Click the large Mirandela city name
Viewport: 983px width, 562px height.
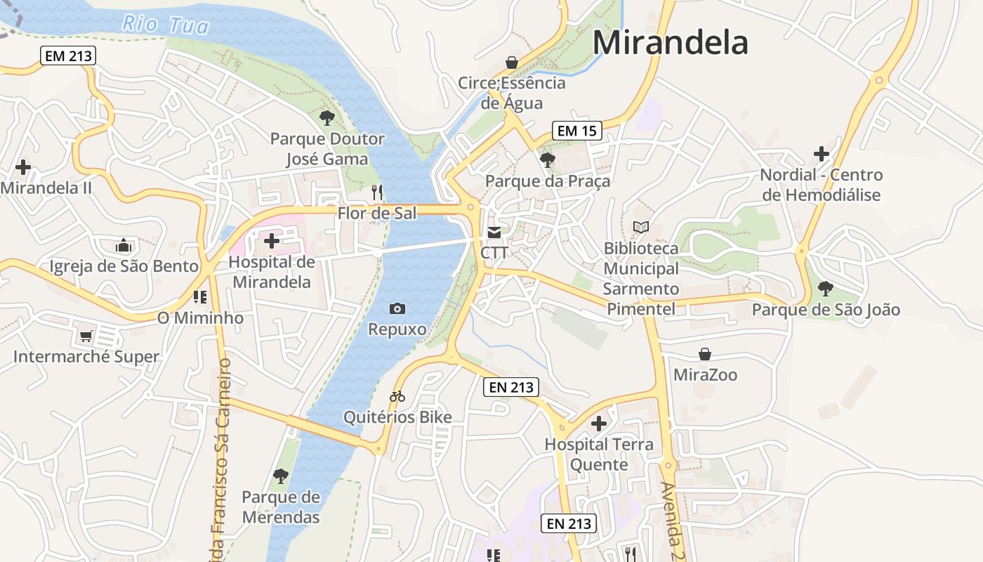[671, 42]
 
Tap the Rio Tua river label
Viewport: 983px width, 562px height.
[166, 25]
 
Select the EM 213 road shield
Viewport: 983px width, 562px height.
[68, 55]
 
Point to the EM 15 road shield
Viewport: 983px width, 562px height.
[577, 130]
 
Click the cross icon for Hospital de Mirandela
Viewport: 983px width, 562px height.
[272, 241]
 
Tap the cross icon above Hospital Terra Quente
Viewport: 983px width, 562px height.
[599, 424]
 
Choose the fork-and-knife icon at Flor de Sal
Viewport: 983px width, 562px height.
[378, 192]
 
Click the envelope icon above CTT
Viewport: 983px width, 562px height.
[495, 233]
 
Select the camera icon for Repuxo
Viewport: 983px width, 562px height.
[397, 308]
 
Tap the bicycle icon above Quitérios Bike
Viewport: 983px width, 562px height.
[397, 397]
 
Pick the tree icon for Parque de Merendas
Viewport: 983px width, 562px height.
[281, 476]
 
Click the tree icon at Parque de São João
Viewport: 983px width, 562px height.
[826, 288]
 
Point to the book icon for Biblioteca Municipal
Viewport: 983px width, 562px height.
[641, 227]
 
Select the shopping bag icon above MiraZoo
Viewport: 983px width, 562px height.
[705, 354]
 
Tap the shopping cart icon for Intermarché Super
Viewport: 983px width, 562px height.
[86, 336]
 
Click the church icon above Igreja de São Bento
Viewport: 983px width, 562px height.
[124, 245]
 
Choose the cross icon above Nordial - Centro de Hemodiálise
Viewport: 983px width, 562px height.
[822, 154]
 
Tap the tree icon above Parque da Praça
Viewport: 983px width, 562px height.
[548, 160]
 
